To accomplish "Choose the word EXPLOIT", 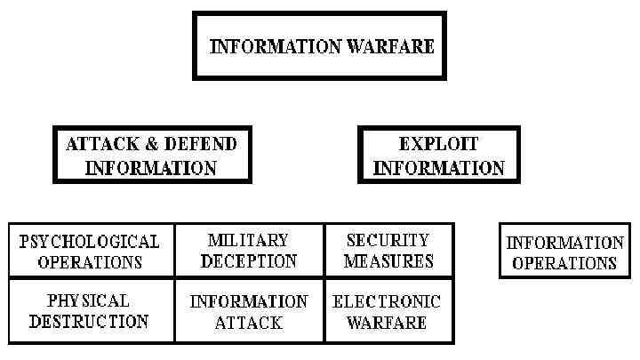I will (x=438, y=144).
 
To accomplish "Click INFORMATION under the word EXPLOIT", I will (x=438, y=167).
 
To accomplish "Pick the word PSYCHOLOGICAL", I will (x=90, y=241).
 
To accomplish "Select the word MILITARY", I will (x=248, y=240).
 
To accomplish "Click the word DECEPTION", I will (x=248, y=261).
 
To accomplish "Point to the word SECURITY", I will (x=388, y=240).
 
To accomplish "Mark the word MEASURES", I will (x=388, y=261).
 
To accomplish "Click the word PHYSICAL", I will (x=88, y=300).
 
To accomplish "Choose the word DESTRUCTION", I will (x=88, y=322).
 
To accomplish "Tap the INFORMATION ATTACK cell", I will (x=249, y=312).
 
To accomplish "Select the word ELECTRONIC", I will (x=387, y=301).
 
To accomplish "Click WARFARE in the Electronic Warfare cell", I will (x=387, y=323).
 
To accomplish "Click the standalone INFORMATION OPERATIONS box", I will (x=564, y=252).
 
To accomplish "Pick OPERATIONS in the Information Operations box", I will (x=564, y=263).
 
